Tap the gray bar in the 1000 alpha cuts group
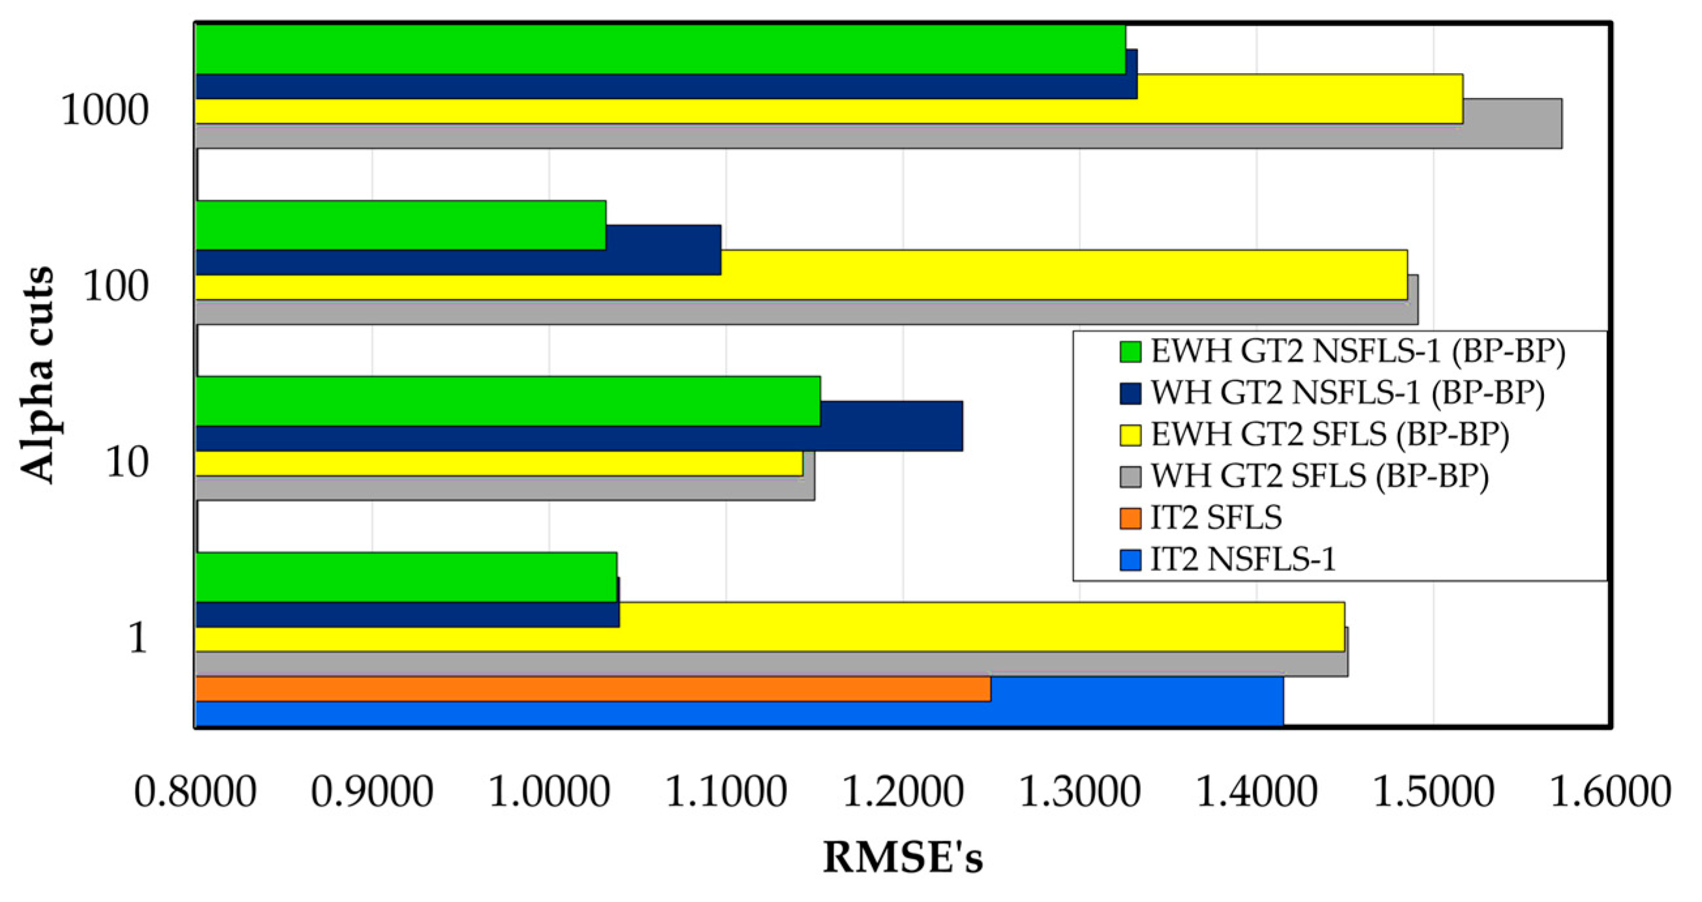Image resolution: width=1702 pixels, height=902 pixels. coord(879,136)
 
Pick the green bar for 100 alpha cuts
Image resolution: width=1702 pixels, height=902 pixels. coord(401,225)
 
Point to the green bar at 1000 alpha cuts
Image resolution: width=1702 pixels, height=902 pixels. coord(660,49)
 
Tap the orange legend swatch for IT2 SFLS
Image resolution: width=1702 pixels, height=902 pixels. coord(1130,518)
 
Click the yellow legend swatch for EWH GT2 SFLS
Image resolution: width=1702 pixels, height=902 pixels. coord(1130,435)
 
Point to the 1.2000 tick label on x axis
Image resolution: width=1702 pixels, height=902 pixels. coord(903,792)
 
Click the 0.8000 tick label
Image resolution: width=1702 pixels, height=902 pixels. coord(195,792)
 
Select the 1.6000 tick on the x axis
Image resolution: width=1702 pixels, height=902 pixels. coord(1610,792)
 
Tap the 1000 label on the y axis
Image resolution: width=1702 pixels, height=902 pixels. coord(104,110)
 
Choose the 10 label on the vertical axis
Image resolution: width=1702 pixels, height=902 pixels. coord(127,463)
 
